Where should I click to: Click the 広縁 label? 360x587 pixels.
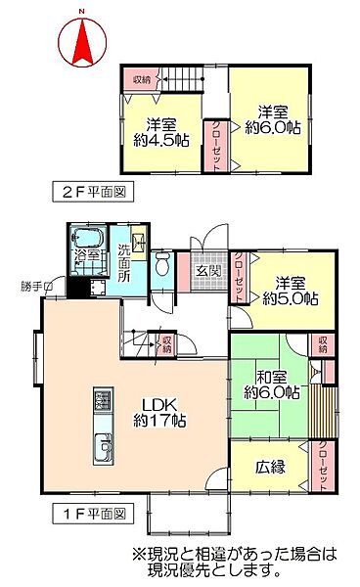pyautogui.click(x=272, y=467)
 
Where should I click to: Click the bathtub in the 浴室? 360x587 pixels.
pyautogui.click(x=85, y=242)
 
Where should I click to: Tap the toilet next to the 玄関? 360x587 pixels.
pyautogui.click(x=165, y=263)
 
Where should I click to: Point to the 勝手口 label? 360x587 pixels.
pyautogui.click(x=35, y=286)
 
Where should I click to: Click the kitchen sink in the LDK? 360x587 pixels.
pyautogui.click(x=102, y=451)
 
